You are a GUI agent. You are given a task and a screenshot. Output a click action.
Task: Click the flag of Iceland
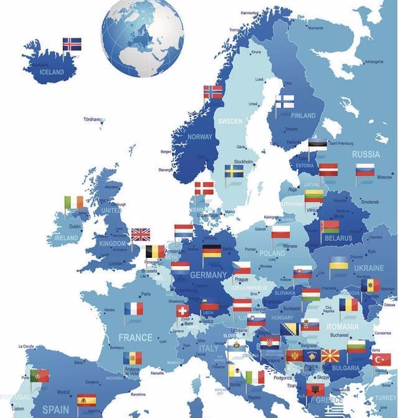(x=72, y=44)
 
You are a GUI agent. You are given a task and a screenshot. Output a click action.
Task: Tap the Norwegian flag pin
(x=213, y=92)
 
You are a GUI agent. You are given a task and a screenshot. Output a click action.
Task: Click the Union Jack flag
(x=141, y=234)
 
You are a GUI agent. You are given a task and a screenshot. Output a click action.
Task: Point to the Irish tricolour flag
(x=73, y=202)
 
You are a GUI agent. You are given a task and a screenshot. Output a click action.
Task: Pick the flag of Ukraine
(x=339, y=263)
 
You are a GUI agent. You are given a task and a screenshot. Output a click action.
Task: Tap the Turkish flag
(x=381, y=359)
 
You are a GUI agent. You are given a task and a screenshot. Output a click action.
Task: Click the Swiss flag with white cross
(x=182, y=310)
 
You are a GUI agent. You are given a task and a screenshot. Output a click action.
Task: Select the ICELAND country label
(x=52, y=72)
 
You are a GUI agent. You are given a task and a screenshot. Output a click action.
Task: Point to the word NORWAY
(x=200, y=136)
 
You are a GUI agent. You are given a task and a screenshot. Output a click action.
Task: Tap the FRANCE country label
(x=136, y=338)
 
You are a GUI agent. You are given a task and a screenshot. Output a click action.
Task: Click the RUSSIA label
(x=366, y=154)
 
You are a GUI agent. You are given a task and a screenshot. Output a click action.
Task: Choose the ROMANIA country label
(x=342, y=326)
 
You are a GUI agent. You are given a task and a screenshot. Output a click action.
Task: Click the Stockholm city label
(x=243, y=162)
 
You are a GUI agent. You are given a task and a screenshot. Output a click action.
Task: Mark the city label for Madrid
(x=63, y=392)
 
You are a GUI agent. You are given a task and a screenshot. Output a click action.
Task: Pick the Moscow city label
(x=384, y=178)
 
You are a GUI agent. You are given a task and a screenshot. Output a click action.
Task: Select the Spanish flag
(x=86, y=400)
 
